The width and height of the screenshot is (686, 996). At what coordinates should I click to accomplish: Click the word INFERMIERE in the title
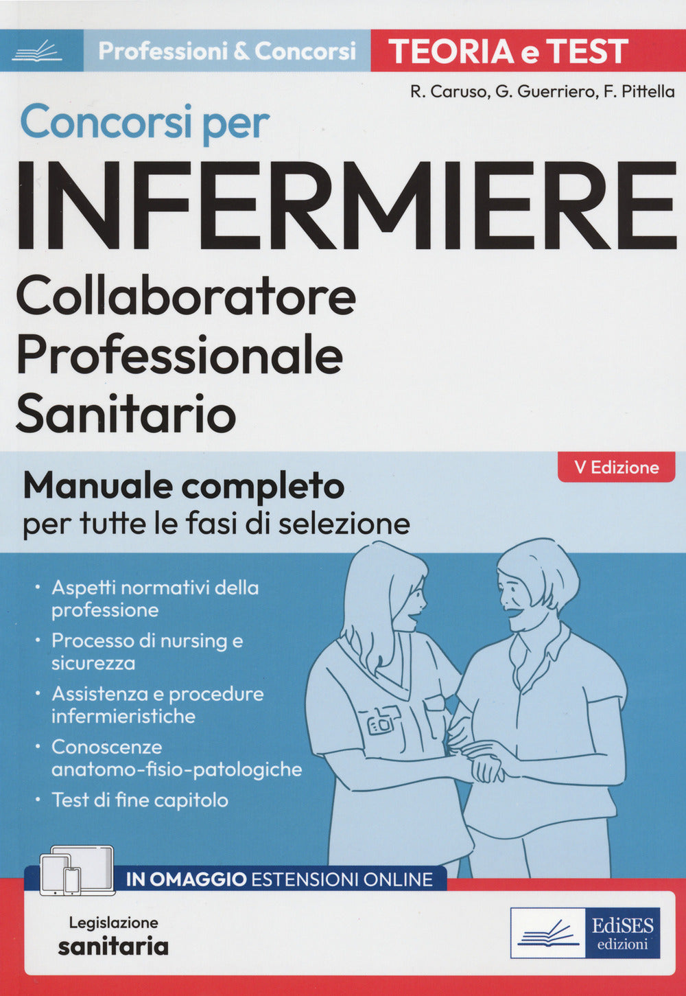coord(346,205)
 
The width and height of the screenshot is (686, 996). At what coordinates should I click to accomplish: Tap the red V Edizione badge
coord(616,467)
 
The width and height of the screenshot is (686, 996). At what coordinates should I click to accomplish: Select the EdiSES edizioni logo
coord(585,933)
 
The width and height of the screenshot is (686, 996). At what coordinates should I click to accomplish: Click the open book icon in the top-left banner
coord(37,51)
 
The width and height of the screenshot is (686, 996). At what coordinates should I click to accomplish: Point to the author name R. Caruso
coord(448,91)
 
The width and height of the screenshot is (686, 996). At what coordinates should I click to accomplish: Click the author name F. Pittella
coord(639,91)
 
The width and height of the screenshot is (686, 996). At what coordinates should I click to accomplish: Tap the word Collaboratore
coord(186,297)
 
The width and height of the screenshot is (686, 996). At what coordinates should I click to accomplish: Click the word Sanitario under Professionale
coord(126,414)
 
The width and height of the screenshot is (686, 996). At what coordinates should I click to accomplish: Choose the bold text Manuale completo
coord(184,487)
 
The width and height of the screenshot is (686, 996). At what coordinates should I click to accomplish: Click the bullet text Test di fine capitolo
coord(140,800)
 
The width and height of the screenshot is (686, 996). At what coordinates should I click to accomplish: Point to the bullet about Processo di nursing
coord(147,651)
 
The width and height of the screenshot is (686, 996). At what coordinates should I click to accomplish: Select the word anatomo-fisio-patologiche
coord(176,769)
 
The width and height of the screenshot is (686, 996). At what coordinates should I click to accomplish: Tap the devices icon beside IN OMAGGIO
coord(76,871)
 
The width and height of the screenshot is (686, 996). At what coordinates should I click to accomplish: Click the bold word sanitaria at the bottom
coord(113,947)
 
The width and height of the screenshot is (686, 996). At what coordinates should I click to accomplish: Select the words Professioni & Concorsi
coord(227,51)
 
